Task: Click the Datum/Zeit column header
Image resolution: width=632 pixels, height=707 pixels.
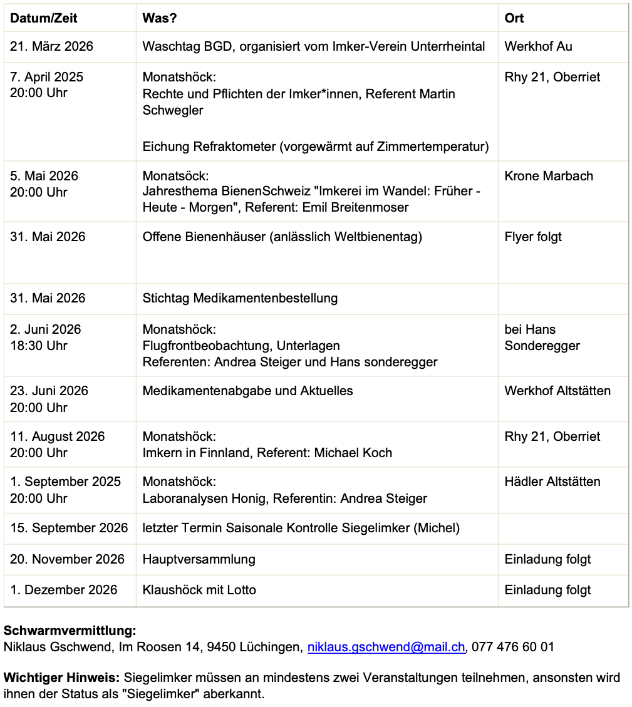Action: (44, 18)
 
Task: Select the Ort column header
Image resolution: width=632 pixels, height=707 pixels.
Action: (514, 18)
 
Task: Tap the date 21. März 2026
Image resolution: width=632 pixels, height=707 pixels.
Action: (51, 46)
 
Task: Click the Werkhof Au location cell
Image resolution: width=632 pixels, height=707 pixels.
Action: (538, 46)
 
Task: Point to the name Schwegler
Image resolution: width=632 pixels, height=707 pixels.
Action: (173, 110)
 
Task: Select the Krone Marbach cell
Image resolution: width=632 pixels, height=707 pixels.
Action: (549, 176)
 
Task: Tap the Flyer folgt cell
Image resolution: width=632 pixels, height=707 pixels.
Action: (533, 237)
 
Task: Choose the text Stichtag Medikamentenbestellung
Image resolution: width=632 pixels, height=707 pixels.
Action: (240, 298)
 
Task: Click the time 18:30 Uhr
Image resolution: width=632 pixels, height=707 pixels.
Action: (39, 346)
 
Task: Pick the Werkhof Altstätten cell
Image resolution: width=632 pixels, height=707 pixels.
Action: (557, 391)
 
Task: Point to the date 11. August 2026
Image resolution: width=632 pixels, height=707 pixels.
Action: (58, 436)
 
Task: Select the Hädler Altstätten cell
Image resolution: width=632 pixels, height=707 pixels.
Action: (552, 482)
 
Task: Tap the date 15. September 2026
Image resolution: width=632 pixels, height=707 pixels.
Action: (69, 528)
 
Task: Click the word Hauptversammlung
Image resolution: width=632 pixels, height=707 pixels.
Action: (199, 559)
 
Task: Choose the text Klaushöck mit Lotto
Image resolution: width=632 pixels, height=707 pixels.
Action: (199, 590)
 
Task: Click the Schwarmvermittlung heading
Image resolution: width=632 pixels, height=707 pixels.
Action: (70, 631)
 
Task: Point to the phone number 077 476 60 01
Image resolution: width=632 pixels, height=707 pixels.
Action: (513, 647)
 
